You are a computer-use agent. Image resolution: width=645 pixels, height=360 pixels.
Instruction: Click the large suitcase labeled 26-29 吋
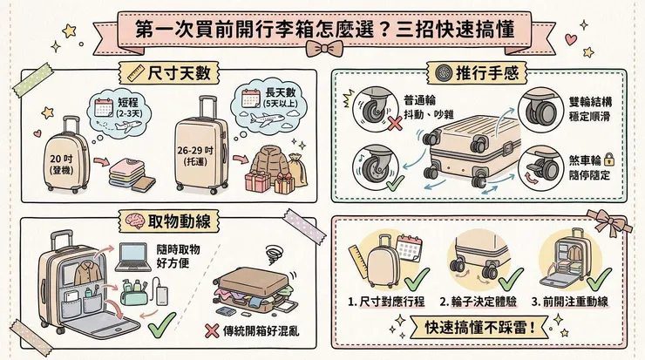point(201,148)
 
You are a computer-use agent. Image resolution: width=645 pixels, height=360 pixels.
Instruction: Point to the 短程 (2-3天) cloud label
point(127,111)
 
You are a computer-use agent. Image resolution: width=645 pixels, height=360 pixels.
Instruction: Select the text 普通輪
point(421,100)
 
